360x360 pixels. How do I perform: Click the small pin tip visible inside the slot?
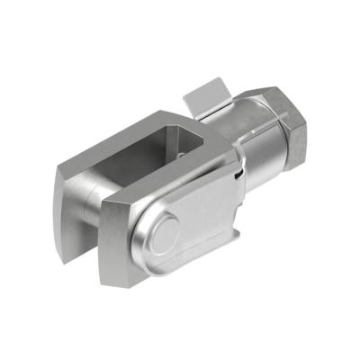point(181,154)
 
